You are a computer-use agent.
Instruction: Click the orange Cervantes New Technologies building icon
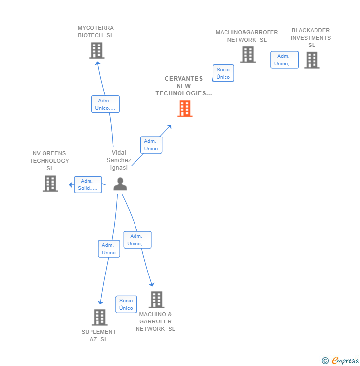[185, 109]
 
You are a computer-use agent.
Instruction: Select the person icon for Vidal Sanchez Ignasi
[120, 184]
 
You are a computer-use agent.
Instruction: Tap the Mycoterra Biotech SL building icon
[97, 50]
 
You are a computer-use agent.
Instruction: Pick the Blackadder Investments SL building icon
[312, 60]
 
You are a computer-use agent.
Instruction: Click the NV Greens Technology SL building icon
[50, 183]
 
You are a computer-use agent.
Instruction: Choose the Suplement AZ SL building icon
[100, 317]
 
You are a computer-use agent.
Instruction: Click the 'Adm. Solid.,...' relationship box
[88, 185]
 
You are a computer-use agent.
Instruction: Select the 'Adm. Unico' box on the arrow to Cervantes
[151, 145]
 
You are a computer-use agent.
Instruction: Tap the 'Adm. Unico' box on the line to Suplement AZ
[109, 249]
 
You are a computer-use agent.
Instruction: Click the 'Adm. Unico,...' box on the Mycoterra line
[105, 104]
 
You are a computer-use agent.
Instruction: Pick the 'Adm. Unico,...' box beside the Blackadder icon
[284, 60]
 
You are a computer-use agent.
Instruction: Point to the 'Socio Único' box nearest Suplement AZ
[126, 304]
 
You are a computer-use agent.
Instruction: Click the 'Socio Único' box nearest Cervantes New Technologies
[223, 73]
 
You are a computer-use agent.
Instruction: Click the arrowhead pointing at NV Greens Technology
[71, 185]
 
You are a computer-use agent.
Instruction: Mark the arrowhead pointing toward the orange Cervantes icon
[169, 127]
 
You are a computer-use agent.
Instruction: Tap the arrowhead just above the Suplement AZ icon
[100, 302]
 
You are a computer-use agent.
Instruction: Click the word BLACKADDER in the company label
[311, 30]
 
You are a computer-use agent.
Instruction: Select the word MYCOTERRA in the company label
[95, 28]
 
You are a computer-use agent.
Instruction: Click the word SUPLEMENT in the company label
[99, 332]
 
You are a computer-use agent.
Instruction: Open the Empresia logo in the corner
[341, 361]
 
